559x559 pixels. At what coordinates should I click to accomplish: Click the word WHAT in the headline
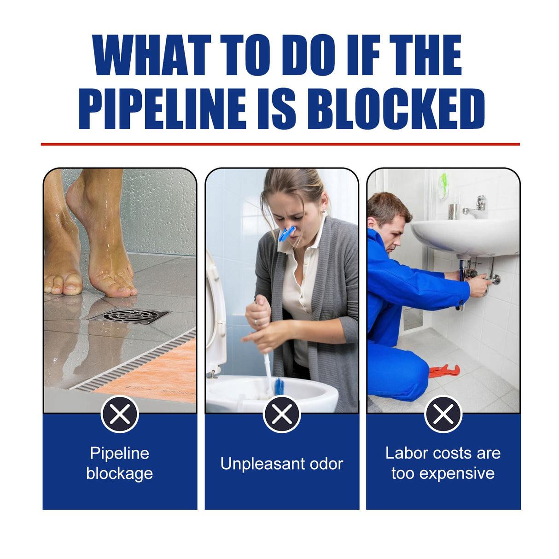point(151,55)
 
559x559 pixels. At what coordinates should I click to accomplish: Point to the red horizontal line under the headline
point(280,144)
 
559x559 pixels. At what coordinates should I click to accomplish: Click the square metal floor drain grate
point(130,316)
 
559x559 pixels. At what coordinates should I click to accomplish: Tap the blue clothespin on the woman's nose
point(286,234)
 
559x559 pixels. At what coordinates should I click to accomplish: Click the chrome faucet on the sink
point(477,208)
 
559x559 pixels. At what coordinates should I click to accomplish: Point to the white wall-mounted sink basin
point(465,237)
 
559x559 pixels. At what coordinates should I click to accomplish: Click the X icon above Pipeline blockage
point(120,414)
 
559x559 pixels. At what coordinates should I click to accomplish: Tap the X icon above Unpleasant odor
point(282,414)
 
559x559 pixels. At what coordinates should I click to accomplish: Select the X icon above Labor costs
point(443,414)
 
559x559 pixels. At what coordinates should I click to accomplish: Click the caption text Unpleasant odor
point(282,464)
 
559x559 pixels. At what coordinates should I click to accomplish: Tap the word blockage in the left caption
point(120,473)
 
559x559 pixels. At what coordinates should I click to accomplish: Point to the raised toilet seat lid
point(215,313)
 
